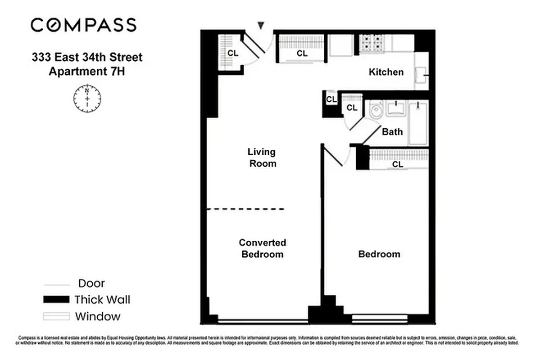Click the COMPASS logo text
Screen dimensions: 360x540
point(83,25)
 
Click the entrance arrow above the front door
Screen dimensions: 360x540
point(261,26)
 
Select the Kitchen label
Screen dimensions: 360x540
point(386,72)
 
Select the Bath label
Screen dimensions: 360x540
point(392,132)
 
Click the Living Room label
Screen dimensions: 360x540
point(263,157)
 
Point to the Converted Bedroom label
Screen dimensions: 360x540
point(263,248)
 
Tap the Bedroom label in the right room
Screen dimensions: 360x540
point(379,254)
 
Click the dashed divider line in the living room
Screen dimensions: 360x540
point(245,209)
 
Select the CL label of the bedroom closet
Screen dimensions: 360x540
point(398,165)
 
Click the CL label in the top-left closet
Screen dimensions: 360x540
point(232,53)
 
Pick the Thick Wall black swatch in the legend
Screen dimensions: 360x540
point(56,299)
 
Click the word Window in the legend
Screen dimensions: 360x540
point(98,316)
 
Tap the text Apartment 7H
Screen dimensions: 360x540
point(86,71)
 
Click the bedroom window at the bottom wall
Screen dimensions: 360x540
point(379,319)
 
